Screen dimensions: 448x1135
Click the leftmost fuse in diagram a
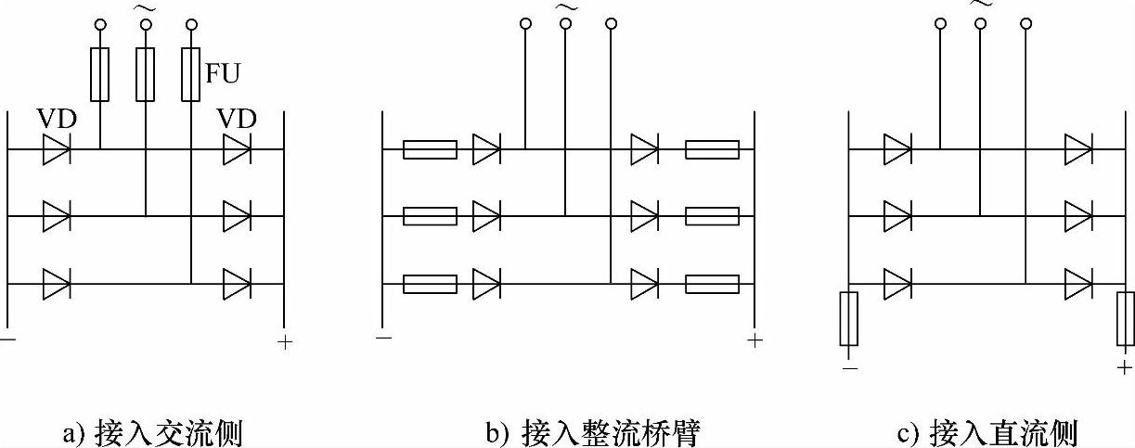tap(100, 75)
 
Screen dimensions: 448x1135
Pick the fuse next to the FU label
tap(190, 75)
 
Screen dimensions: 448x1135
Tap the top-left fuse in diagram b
tap(430, 148)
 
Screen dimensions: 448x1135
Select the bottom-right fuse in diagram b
tap(712, 284)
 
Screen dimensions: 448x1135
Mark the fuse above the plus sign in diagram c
tap(1126, 319)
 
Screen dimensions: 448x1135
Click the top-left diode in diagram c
tap(897, 148)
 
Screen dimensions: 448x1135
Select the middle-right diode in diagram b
tap(644, 217)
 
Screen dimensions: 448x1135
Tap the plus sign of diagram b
tap(755, 340)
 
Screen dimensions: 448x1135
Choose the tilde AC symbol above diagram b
tap(564, 7)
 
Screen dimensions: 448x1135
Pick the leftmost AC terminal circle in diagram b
tap(525, 23)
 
